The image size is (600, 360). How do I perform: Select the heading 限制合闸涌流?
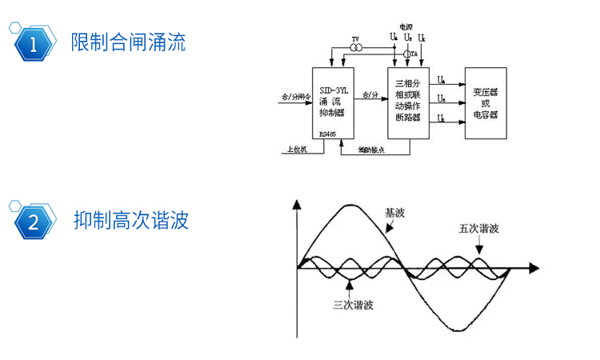point(128,42)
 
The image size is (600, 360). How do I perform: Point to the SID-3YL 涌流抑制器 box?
point(333,104)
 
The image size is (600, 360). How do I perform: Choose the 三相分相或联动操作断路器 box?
point(409,103)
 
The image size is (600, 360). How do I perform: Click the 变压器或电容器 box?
point(485,103)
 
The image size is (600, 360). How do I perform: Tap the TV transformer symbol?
point(357,48)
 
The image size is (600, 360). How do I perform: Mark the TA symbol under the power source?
point(410,54)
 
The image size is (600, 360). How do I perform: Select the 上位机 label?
point(294,149)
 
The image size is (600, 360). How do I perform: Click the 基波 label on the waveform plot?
point(395,214)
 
